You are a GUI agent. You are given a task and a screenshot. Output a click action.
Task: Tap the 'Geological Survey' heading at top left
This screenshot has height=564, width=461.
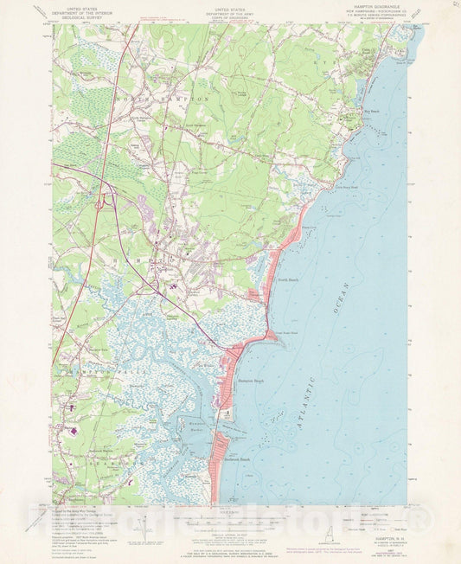tap(80, 14)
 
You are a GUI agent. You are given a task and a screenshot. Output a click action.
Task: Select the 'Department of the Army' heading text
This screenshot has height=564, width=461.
tap(229, 10)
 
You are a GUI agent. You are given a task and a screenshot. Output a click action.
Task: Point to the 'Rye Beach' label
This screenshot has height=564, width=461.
tap(371, 112)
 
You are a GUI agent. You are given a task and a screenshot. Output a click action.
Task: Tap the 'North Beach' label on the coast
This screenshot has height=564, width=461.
tap(287, 279)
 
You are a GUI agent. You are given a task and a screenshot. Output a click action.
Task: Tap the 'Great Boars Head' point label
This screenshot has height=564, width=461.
tap(286, 332)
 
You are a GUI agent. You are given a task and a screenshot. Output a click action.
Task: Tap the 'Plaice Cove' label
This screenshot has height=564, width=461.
tap(309, 228)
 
